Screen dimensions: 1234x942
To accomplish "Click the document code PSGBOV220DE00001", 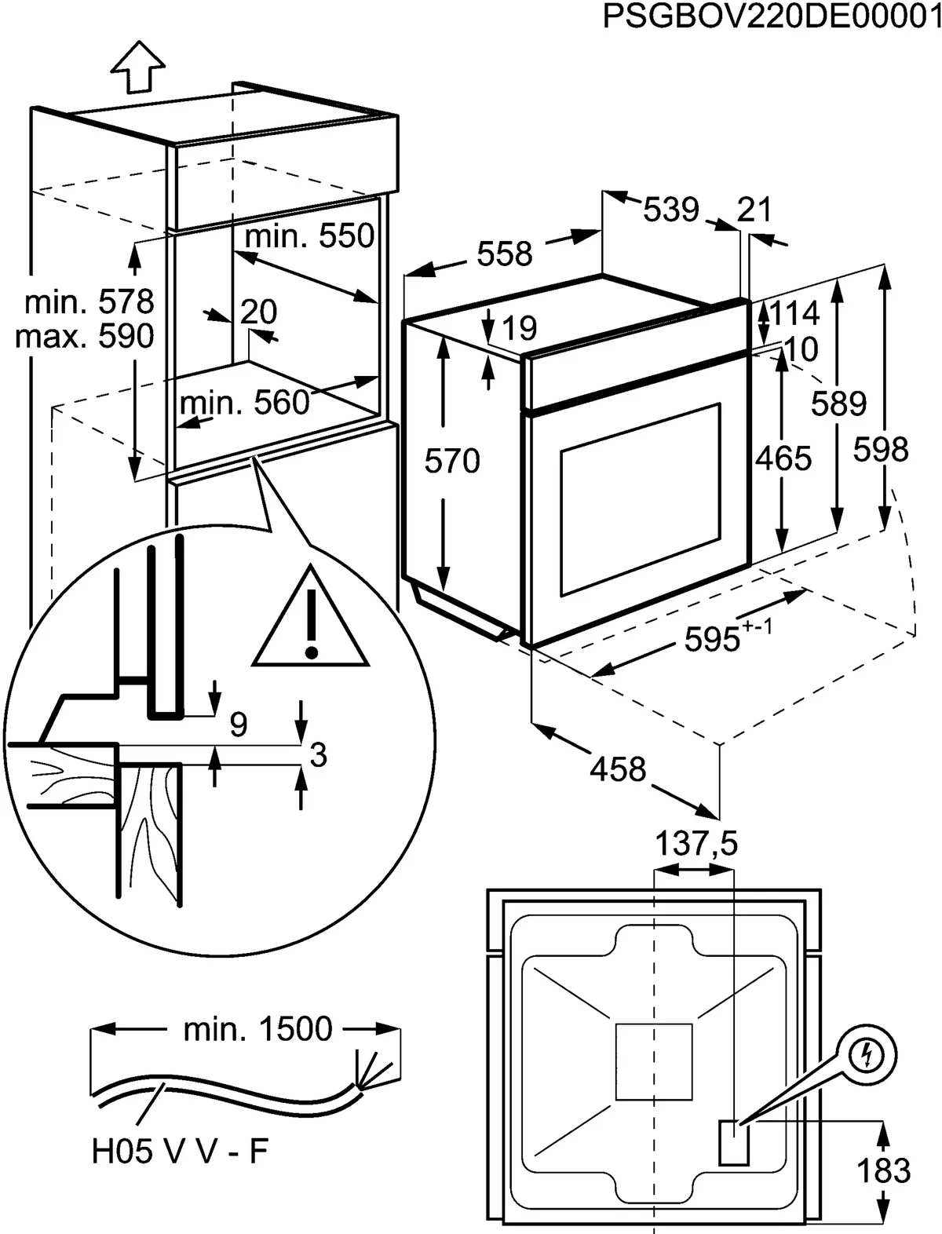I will [772, 16].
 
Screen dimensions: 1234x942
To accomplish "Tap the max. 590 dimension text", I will [85, 336].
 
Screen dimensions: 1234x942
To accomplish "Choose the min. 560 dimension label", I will [245, 403].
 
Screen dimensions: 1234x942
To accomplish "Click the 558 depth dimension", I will [505, 254].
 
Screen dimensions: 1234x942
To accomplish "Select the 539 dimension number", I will [671, 210].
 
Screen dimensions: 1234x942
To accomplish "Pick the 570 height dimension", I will [452, 461].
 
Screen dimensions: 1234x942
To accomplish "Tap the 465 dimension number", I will [783, 458].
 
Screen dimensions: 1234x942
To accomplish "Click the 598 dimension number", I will [881, 450].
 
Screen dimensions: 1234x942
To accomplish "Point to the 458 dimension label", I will [619, 769].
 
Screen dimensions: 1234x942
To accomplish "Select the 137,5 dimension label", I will [696, 844].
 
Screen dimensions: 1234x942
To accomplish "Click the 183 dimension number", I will [884, 1170].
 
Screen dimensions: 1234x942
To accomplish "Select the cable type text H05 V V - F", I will [180, 1152].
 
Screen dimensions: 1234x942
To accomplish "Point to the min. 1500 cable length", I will [257, 1028].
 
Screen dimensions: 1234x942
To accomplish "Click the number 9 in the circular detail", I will [239, 723].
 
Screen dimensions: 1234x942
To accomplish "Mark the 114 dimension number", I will [795, 313].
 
